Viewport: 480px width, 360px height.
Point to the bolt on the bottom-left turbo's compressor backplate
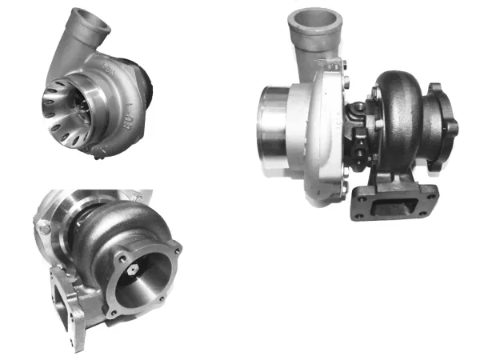44,229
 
